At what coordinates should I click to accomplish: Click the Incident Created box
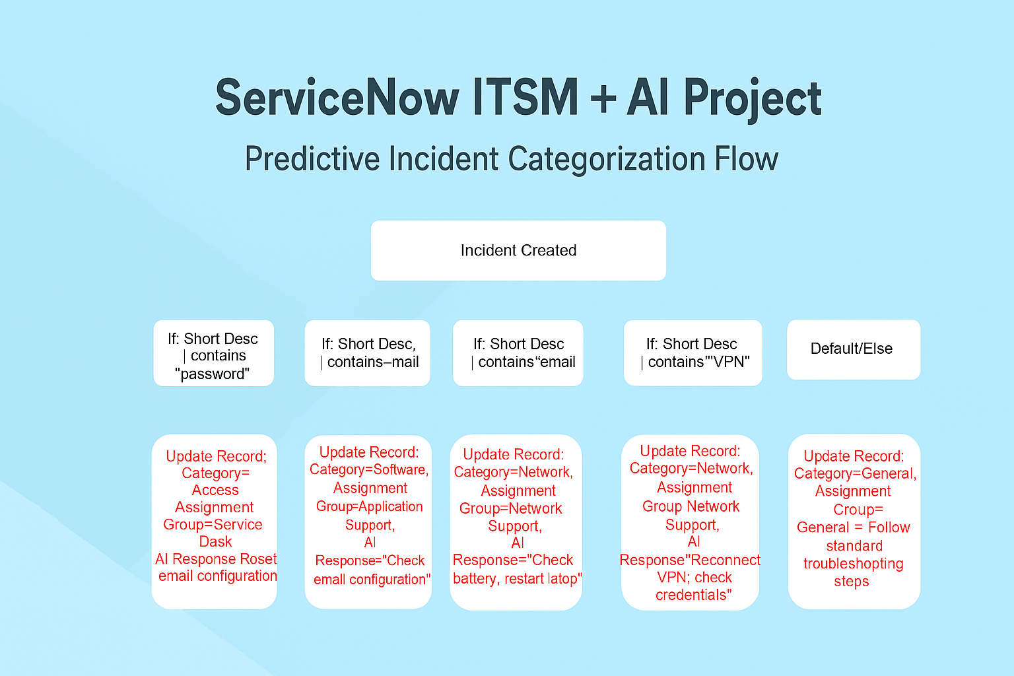[x=518, y=250]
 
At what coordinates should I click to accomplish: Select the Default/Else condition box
[x=854, y=349]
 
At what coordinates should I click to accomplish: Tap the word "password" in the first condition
[x=213, y=374]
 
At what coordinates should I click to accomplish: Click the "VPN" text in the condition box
[x=727, y=362]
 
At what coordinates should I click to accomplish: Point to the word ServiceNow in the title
[x=337, y=98]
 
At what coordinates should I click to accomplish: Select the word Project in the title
[x=753, y=99]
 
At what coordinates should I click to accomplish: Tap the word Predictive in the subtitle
[x=312, y=159]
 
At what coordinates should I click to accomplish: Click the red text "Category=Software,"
[x=370, y=469]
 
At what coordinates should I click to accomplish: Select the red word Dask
[x=215, y=541]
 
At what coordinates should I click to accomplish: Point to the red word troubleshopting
[x=854, y=564]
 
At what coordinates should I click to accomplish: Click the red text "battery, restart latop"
[x=516, y=579]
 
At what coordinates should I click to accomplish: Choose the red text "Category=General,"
[x=855, y=473]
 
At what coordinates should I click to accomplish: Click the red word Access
[x=215, y=490]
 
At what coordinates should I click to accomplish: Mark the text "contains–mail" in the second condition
[x=372, y=362]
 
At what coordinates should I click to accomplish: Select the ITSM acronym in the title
[x=525, y=97]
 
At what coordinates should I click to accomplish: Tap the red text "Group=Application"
[x=370, y=506]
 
